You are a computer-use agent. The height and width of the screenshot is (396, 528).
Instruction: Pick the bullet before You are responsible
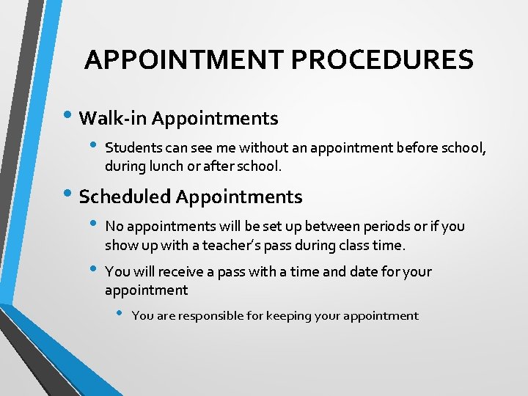(120, 315)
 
